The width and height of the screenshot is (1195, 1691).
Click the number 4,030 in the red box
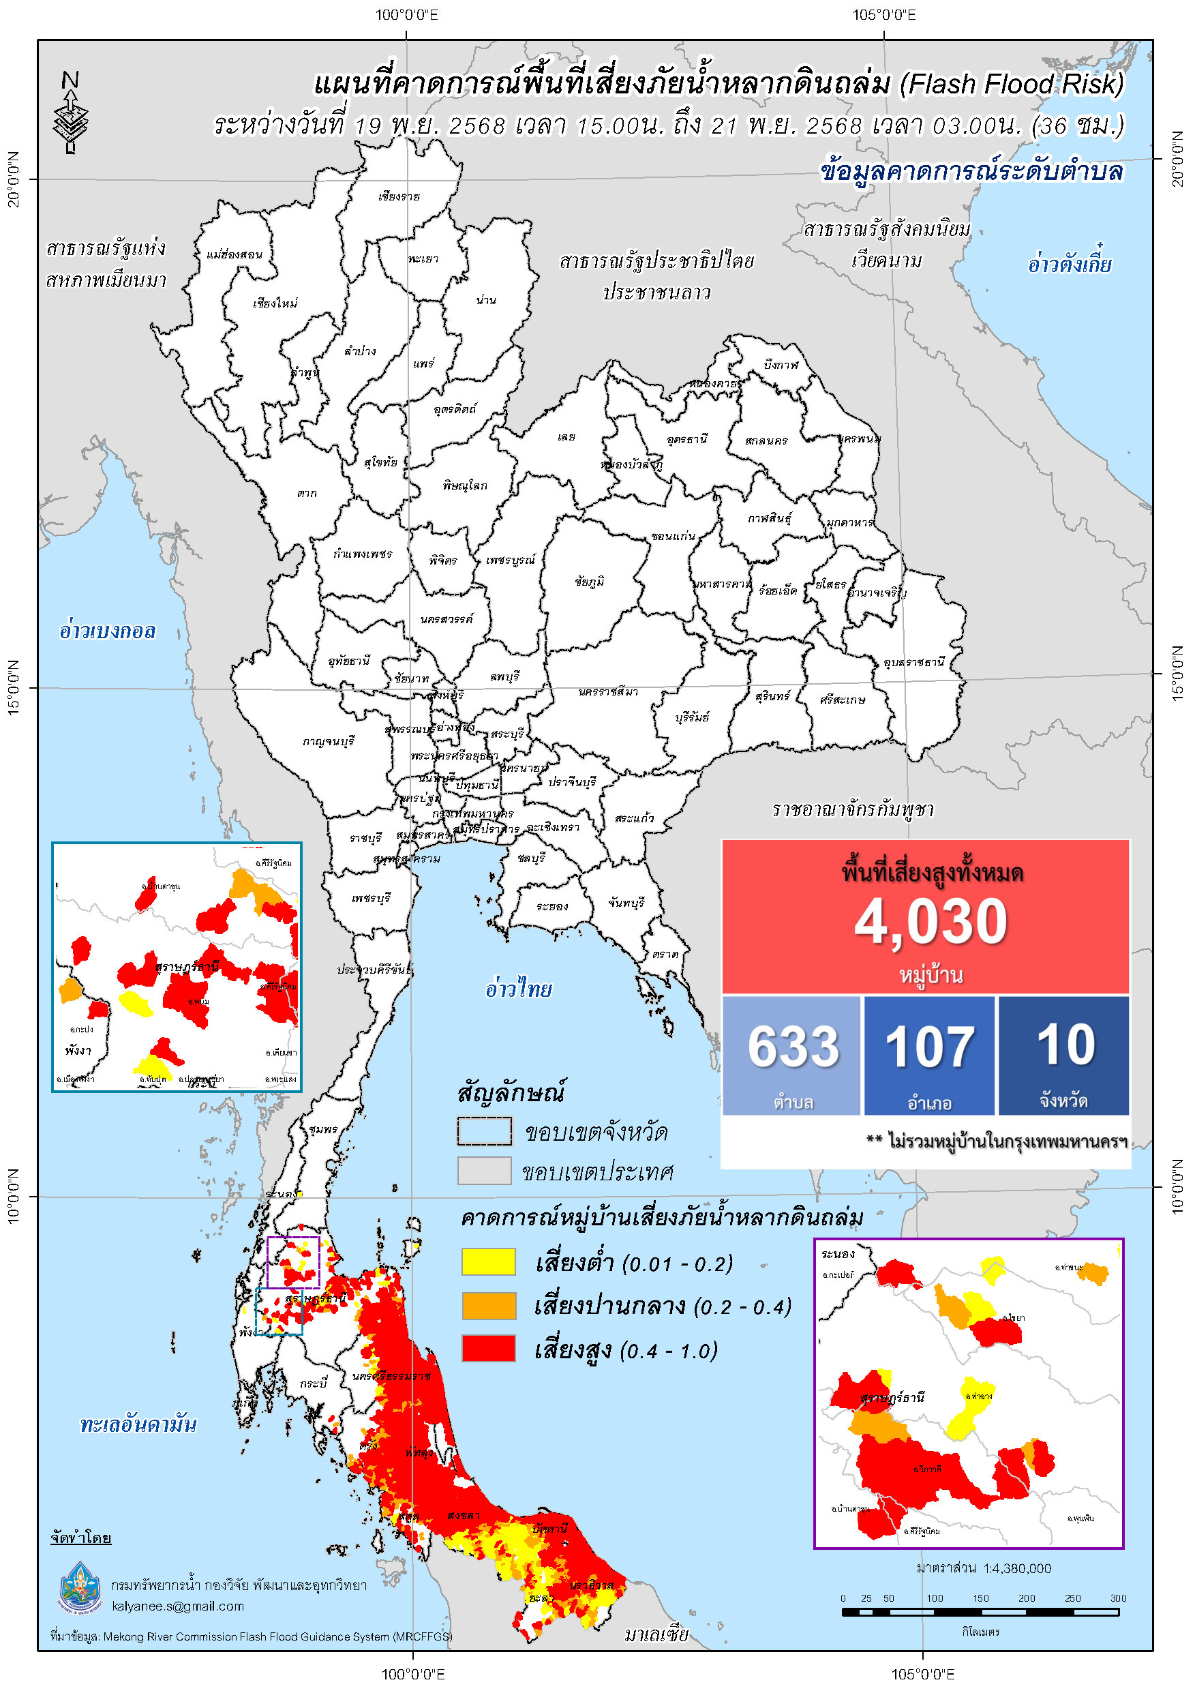pos(930,921)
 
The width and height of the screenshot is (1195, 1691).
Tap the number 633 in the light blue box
pos(793,1047)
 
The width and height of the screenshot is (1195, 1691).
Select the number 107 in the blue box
pos(929,1047)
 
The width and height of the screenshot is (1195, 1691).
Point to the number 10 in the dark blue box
pos(1065,1045)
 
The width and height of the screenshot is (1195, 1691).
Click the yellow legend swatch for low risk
pos(488,1261)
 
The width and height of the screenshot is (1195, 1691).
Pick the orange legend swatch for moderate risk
pos(488,1305)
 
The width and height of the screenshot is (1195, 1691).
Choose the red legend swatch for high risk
pos(488,1348)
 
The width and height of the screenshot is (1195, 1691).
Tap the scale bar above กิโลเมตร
pos(980,1612)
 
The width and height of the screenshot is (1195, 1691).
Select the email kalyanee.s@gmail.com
pos(177,1606)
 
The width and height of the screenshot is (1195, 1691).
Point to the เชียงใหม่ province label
pos(275,303)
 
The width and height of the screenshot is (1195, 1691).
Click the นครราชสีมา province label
pos(607,691)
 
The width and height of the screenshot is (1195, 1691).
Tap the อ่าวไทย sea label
pos(518,989)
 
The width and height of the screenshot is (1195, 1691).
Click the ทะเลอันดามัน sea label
pos(138,1424)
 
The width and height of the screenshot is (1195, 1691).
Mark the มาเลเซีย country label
pos(656,1634)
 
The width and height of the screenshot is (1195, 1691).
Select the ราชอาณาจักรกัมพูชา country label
pos(853,809)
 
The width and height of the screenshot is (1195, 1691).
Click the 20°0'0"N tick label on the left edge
pos(13,179)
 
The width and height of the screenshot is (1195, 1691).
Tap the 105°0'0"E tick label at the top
pos(883,15)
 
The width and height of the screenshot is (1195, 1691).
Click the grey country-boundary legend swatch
pos(484,1170)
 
